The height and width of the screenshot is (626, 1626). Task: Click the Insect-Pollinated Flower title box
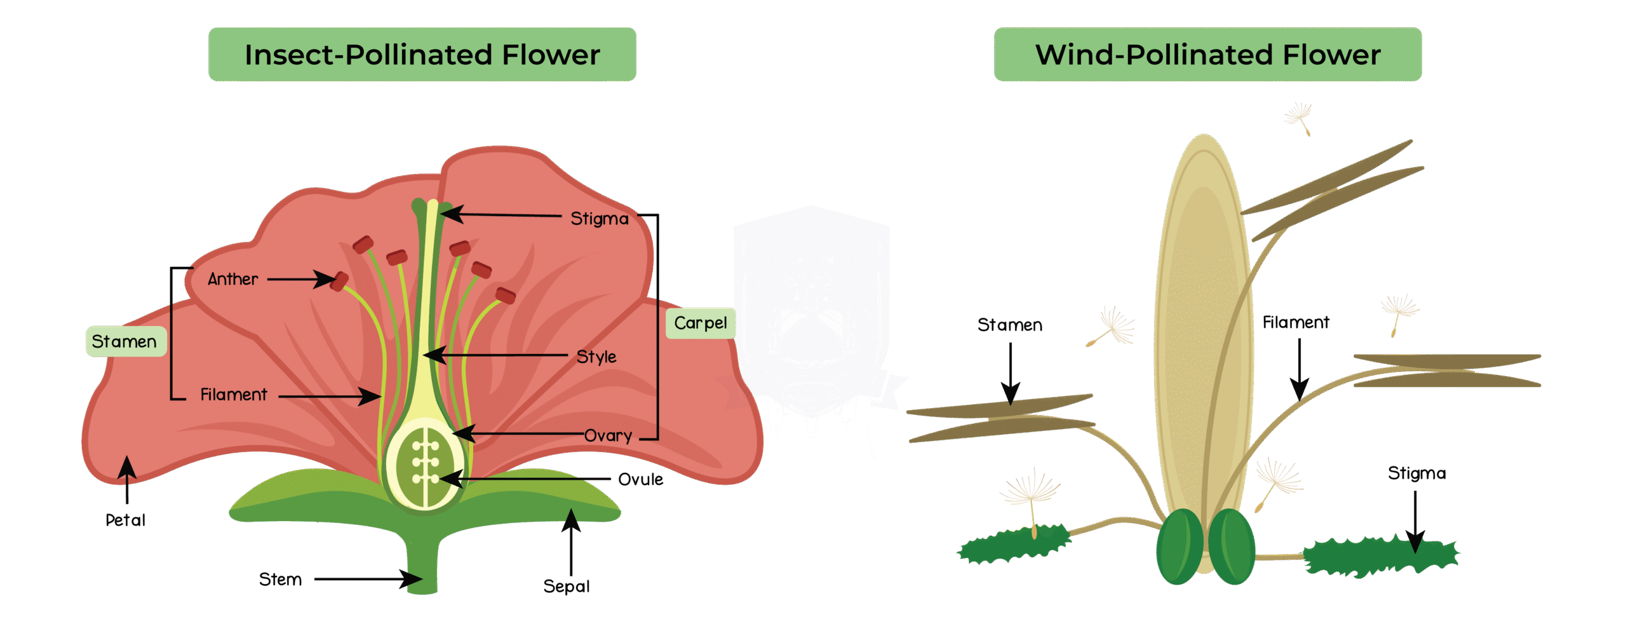(x=422, y=55)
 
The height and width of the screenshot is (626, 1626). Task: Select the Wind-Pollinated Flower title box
(x=1207, y=55)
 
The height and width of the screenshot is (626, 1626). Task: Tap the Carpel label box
(x=700, y=323)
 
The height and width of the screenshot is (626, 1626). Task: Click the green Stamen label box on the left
(x=125, y=341)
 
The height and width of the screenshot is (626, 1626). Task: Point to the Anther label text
(x=232, y=279)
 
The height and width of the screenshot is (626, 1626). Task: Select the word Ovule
(x=640, y=479)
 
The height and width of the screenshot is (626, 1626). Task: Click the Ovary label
(x=608, y=435)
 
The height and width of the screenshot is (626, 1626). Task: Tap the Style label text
(x=596, y=357)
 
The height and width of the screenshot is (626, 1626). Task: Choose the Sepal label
(x=566, y=586)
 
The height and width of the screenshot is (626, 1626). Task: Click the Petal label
(x=125, y=520)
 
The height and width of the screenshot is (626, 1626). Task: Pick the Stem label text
(x=280, y=579)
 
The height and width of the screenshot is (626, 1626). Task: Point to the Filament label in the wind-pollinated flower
(x=1296, y=323)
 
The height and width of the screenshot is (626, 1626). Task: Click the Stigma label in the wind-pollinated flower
(x=1416, y=473)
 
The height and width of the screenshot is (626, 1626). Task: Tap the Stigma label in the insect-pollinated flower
(x=599, y=219)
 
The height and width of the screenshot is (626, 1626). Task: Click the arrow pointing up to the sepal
(x=570, y=540)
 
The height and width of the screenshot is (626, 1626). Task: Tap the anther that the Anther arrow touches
(x=340, y=281)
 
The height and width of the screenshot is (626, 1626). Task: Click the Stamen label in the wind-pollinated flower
(x=1009, y=325)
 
